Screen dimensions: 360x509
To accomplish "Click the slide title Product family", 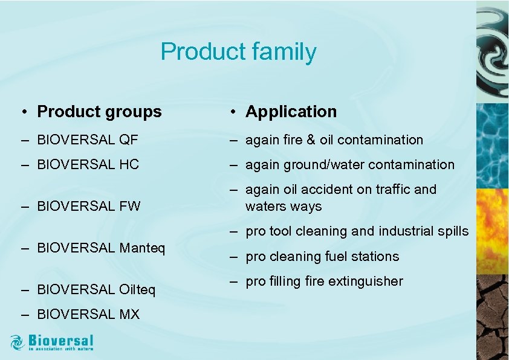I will tap(238, 52).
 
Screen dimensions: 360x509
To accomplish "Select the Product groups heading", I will tap(99, 112).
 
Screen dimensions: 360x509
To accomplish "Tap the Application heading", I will tap(291, 112).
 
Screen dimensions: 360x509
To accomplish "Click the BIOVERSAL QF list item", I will tap(88, 140).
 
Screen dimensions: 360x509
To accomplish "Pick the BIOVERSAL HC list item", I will tap(88, 164).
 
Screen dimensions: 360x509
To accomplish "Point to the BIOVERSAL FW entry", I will tap(89, 207).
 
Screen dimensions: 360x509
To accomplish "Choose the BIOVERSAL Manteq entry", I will tap(101, 248).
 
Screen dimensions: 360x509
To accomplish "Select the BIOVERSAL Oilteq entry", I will tap(96, 290).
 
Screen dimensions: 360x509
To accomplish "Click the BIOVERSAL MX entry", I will tap(88, 314).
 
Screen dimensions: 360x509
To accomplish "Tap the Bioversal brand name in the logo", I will tap(61, 340).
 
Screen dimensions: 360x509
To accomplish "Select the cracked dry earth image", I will tap(492, 320).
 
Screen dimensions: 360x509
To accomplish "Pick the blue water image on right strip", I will tap(492, 145).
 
